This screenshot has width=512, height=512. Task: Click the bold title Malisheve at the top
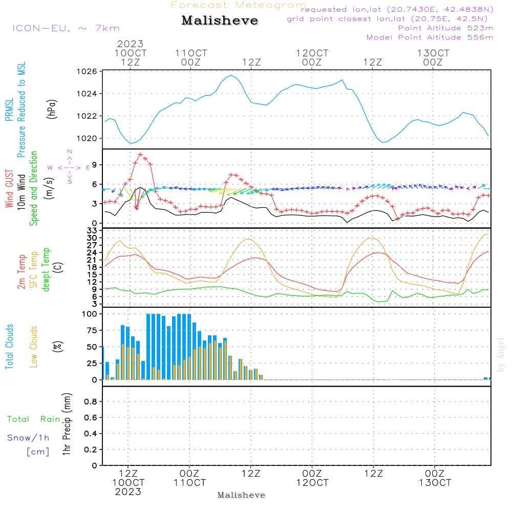click(x=220, y=21)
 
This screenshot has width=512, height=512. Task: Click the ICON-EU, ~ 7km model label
click(x=66, y=28)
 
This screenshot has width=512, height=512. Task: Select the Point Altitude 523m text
click(x=445, y=28)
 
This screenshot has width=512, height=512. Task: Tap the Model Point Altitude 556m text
click(x=430, y=37)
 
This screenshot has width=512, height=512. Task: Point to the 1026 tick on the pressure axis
click(x=88, y=71)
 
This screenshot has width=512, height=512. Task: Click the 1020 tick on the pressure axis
click(x=88, y=138)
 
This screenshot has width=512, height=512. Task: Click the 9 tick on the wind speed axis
click(x=95, y=164)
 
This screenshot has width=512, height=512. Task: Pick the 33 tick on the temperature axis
click(x=92, y=231)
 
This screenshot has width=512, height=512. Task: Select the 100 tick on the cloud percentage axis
click(x=90, y=314)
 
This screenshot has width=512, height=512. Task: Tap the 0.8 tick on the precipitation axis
click(x=91, y=402)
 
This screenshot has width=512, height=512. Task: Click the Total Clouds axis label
click(x=9, y=347)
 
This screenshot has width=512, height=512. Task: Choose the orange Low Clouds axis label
click(x=34, y=347)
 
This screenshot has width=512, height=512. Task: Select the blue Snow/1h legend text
click(x=28, y=438)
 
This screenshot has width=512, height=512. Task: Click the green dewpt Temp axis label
click(x=46, y=270)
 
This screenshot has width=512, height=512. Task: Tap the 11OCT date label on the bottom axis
click(x=189, y=483)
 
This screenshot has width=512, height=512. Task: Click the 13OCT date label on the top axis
click(x=433, y=53)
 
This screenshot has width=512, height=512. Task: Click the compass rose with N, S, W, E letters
click(x=69, y=167)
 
